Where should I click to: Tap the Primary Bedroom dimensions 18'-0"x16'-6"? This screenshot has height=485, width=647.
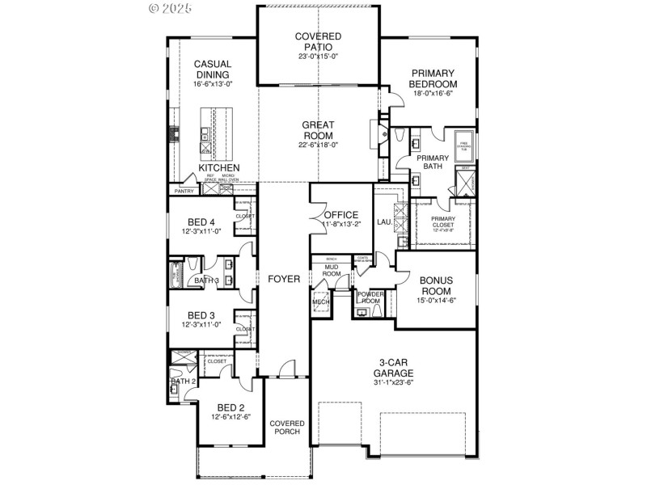pyautogui.click(x=433, y=94)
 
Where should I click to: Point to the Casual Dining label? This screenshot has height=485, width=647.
pyautogui.click(x=213, y=70)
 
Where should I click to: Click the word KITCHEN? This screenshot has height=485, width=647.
pyautogui.click(x=214, y=167)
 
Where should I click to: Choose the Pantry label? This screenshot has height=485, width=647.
pyautogui.click(x=181, y=192)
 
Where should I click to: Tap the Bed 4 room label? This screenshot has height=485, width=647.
pyautogui.click(x=201, y=222)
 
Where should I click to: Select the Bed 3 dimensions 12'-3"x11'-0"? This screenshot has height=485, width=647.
pyautogui.click(x=201, y=325)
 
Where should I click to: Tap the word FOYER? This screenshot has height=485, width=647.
pyautogui.click(x=284, y=279)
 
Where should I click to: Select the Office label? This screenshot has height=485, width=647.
pyautogui.click(x=340, y=214)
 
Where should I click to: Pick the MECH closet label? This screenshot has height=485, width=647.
pyautogui.click(x=320, y=302)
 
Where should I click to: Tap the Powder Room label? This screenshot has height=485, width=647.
pyautogui.click(x=370, y=297)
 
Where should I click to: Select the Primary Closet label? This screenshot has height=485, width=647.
pyautogui.click(x=442, y=221)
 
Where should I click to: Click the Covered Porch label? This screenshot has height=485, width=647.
pyautogui.click(x=286, y=427)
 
